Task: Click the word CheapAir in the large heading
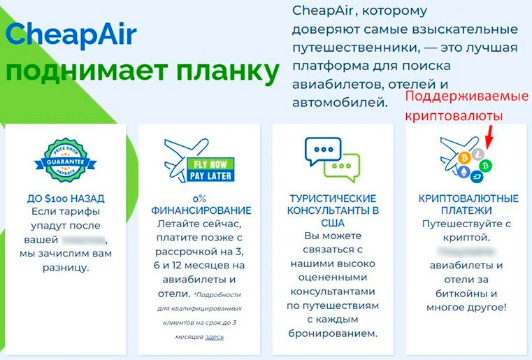(x=71, y=37)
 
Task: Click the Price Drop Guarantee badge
(x=64, y=158)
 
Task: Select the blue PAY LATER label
(x=212, y=175)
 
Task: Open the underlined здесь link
(x=214, y=337)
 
